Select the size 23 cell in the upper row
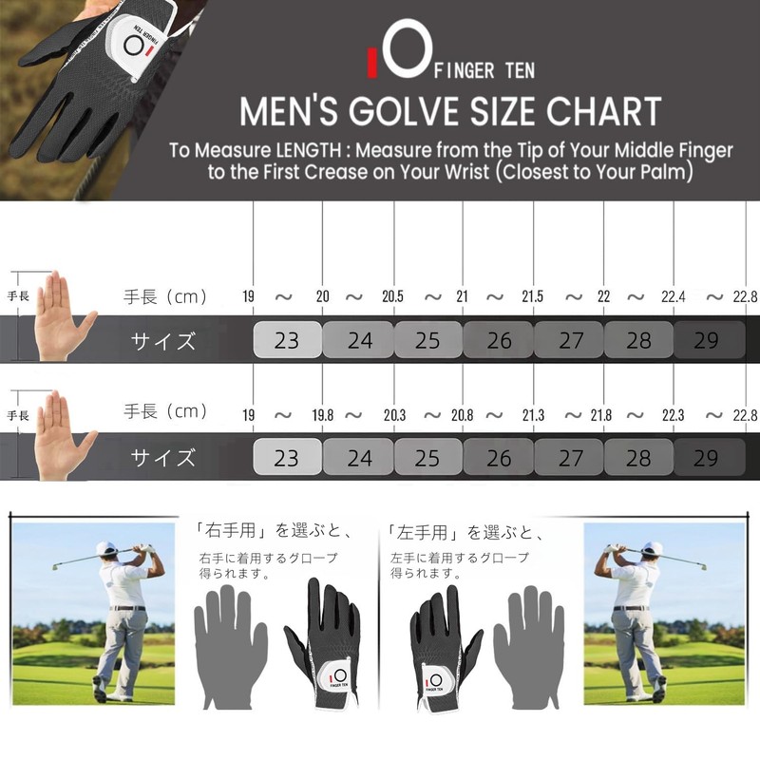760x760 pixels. (286, 340)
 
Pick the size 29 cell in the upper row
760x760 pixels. (706, 340)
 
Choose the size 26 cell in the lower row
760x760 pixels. (499, 458)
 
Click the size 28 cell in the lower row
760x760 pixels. (639, 458)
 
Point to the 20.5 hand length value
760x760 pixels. (393, 296)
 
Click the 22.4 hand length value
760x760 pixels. (674, 296)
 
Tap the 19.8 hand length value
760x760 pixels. (323, 414)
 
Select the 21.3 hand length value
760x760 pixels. (533, 414)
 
